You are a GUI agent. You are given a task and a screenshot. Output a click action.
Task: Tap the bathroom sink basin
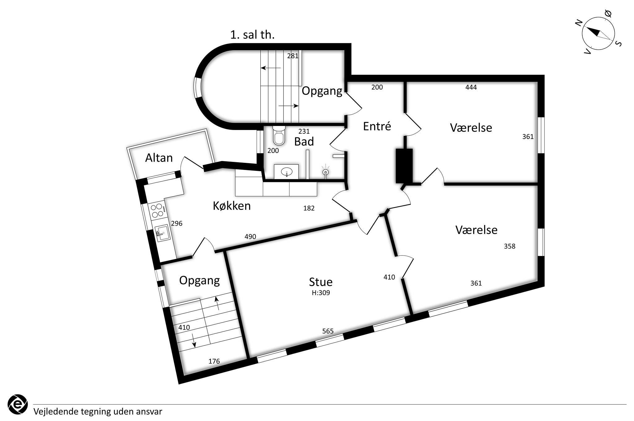pyautogui.click(x=287, y=171)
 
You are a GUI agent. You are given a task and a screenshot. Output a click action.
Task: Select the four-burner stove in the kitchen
pyautogui.click(x=157, y=210)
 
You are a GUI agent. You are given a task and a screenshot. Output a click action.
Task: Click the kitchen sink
pyautogui.click(x=163, y=233)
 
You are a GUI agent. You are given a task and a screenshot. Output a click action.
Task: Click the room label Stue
pyautogui.click(x=321, y=282)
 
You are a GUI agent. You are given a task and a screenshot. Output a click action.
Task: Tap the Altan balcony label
pyautogui.click(x=159, y=158)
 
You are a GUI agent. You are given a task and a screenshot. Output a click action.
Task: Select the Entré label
pyautogui.click(x=377, y=126)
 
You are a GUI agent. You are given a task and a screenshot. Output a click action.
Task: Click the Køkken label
pyautogui.click(x=232, y=206)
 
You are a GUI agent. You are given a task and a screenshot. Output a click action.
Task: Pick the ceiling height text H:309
pyautogui.click(x=321, y=293)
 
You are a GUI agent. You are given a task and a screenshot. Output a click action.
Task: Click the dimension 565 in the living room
pyautogui.click(x=328, y=331)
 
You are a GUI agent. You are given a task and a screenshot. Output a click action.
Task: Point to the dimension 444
pyautogui.click(x=471, y=87)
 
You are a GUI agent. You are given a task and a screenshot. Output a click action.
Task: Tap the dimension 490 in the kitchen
pyautogui.click(x=250, y=237)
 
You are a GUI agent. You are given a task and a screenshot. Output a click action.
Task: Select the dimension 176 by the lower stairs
pyautogui.click(x=214, y=361)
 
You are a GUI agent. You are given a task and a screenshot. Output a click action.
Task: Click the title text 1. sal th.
pyautogui.click(x=252, y=35)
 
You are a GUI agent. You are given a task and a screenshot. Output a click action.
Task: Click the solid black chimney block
pyautogui.click(x=404, y=166)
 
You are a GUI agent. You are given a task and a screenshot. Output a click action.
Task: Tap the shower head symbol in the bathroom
pyautogui.click(x=325, y=171)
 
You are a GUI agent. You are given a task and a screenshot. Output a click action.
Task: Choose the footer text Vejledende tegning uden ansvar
pyautogui.click(x=98, y=412)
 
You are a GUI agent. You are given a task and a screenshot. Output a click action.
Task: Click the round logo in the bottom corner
pyautogui.click(x=17, y=404)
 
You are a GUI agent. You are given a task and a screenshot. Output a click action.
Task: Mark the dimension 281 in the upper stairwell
pyautogui.click(x=293, y=56)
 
